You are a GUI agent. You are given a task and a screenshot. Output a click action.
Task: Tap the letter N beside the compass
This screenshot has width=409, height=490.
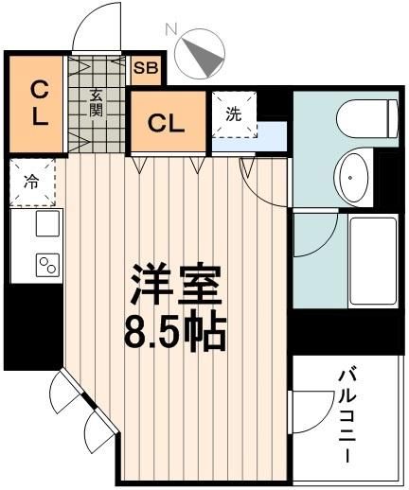point(171,29)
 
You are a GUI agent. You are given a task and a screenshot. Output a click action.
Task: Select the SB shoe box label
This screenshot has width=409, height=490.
point(146,67)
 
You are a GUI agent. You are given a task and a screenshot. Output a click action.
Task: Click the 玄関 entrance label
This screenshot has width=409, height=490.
point(97,101)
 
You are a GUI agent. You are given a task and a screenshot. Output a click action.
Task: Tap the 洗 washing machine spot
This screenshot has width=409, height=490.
point(233,114)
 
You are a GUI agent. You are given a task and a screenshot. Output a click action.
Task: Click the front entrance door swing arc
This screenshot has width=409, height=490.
point(98,26)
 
